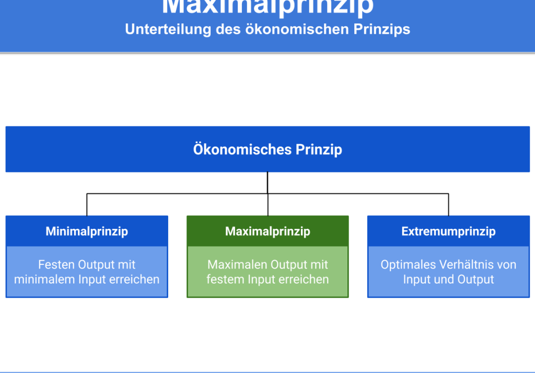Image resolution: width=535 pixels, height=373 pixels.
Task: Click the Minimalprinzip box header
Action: tap(87, 231)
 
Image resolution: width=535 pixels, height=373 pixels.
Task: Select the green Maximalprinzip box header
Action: tap(267, 231)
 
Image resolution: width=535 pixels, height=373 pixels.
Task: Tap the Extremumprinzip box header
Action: tap(448, 231)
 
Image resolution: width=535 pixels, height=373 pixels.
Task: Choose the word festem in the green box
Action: tap(223, 279)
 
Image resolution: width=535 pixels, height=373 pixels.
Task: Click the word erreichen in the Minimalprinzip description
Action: tap(134, 279)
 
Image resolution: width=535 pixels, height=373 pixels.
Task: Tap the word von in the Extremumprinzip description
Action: tap(506, 265)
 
